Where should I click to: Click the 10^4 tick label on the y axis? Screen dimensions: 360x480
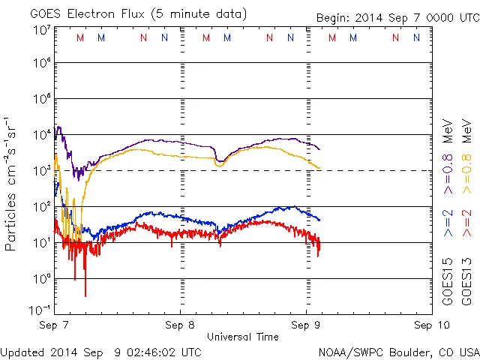click(x=40, y=134)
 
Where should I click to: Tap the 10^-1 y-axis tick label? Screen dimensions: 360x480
click(x=40, y=308)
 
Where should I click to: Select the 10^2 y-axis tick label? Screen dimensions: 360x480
click(x=40, y=205)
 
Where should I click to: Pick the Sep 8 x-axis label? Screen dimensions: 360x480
click(x=180, y=325)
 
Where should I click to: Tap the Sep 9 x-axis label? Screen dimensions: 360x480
click(x=306, y=325)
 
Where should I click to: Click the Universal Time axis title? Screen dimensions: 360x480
click(x=243, y=337)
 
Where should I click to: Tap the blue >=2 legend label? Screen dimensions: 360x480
click(x=448, y=222)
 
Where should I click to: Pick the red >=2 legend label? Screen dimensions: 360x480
click(x=466, y=222)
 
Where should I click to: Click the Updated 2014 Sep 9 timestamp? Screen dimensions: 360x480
click(x=101, y=351)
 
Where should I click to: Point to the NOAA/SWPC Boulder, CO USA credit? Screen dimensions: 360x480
click(x=398, y=351)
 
